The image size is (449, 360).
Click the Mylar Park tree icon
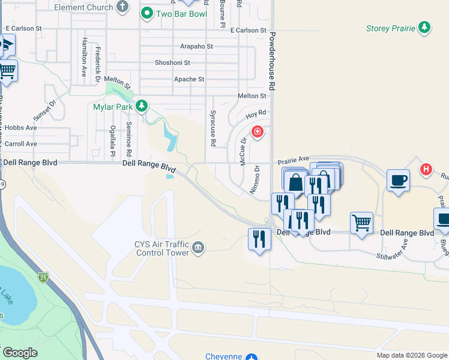(x=141, y=107)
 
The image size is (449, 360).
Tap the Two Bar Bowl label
(x=181, y=13)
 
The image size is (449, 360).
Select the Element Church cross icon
(x=122, y=7)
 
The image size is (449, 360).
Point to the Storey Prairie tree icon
(x=424, y=28)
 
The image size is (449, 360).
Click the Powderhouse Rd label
(x=272, y=61)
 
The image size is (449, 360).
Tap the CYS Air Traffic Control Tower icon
(x=198, y=247)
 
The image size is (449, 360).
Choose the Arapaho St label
(x=196, y=46)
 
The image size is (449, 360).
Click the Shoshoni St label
(x=172, y=62)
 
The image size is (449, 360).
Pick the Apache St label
(x=189, y=79)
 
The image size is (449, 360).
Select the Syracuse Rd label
(x=212, y=129)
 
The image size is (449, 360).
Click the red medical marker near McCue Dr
(x=258, y=131)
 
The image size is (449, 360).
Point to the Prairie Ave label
(x=292, y=161)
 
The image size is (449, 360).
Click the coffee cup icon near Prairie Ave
(x=399, y=180)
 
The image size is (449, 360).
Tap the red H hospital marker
(x=426, y=169)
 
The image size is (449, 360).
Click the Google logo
(x=20, y=353)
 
